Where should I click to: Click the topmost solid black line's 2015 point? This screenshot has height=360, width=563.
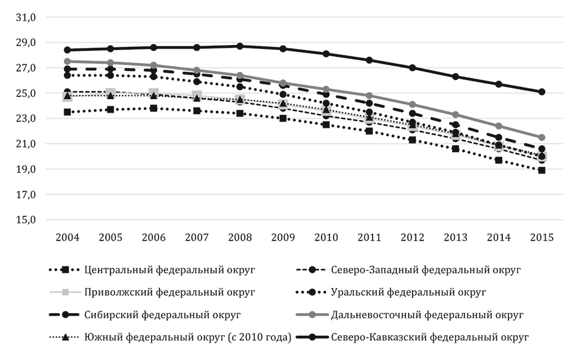point(542,91)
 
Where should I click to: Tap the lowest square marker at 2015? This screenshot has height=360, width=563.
point(542,170)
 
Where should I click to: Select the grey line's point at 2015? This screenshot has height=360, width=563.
point(542,137)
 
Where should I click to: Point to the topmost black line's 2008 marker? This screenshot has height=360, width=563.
point(240,46)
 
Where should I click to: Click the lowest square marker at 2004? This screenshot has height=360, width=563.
point(68,112)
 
